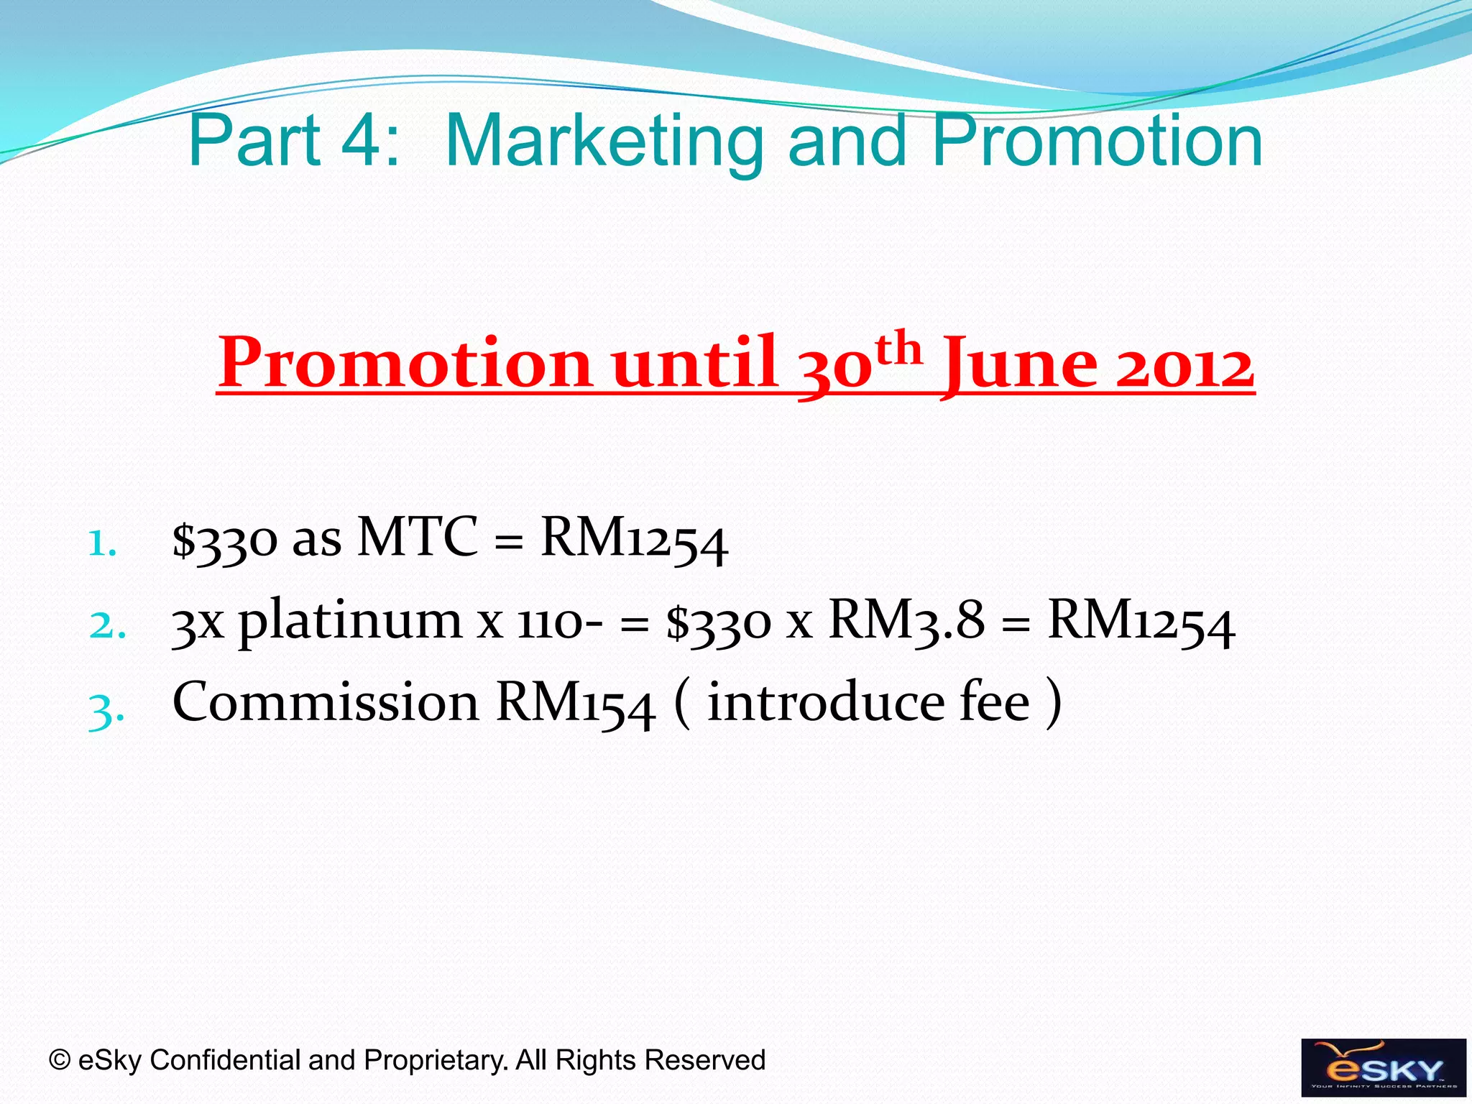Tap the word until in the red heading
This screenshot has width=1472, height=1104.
tap(694, 364)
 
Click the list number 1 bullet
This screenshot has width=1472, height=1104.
tap(101, 544)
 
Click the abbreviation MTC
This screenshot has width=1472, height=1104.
tap(417, 537)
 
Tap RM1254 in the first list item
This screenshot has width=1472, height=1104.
tap(634, 540)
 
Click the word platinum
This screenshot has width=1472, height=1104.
tap(350, 622)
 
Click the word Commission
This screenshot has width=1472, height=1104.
tap(325, 703)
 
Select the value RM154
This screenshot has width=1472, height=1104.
tap(575, 704)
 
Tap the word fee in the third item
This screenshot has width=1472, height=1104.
tap(994, 703)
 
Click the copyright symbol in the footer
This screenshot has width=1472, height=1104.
tap(60, 1060)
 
